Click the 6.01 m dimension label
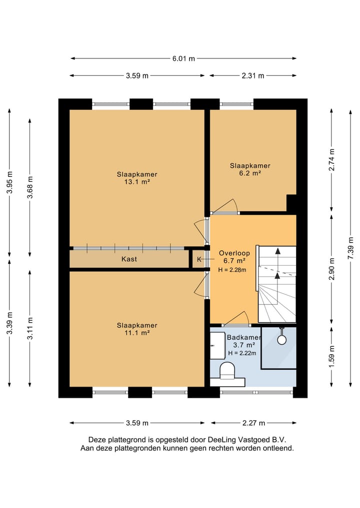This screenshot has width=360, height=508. click(183, 58)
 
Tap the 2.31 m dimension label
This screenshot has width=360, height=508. click(253, 76)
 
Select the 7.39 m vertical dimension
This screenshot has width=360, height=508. click(350, 248)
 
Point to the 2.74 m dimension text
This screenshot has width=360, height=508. click(331, 160)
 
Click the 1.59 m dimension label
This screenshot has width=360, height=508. click(331, 357)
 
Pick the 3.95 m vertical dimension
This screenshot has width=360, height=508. click(9, 182)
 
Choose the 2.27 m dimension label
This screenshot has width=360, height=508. click(253, 423)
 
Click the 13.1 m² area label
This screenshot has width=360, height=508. click(137, 182)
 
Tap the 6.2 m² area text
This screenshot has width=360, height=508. click(250, 173)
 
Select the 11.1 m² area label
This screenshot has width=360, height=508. click(137, 333)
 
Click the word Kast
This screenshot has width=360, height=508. click(129, 259)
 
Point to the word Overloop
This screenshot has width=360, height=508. click(234, 253)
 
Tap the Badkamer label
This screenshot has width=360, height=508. click(244, 337)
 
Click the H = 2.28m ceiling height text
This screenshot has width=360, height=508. click(232, 270)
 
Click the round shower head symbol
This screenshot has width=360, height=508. click(282, 340)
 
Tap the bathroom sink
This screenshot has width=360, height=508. click(218, 345)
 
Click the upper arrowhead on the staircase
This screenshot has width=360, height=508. click(277, 251)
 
